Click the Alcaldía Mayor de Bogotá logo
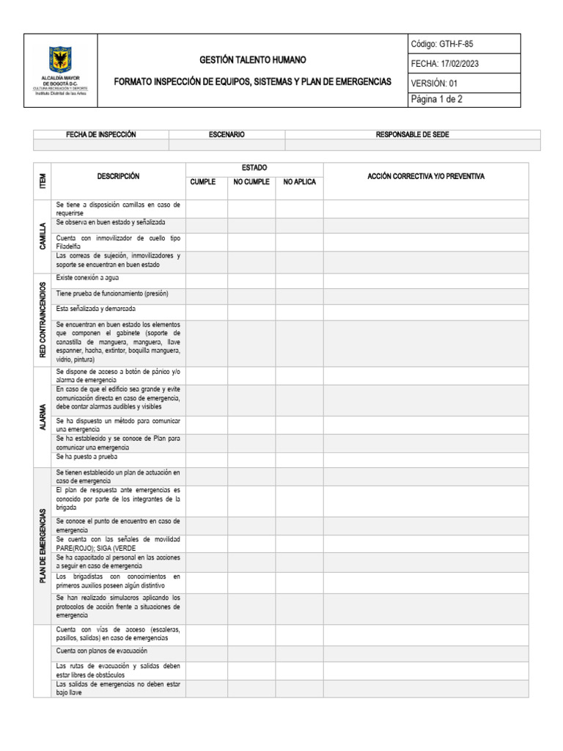tap(61, 70)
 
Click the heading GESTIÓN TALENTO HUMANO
tap(253, 59)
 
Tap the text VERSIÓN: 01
tap(435, 83)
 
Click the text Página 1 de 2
tap(437, 100)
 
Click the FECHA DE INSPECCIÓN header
tap(101, 135)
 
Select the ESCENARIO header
tap(227, 135)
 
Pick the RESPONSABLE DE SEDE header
tap(412, 135)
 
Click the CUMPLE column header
tap(203, 182)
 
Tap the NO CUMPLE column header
tap(251, 182)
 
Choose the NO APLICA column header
tap(299, 182)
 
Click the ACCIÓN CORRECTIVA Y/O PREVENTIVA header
tap(425, 177)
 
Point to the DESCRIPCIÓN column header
tap(118, 177)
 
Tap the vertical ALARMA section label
tap(43, 417)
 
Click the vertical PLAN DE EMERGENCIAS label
tap(43, 546)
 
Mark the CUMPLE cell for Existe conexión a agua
tap(206, 279)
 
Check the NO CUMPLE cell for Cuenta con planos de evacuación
tap(251, 652)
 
